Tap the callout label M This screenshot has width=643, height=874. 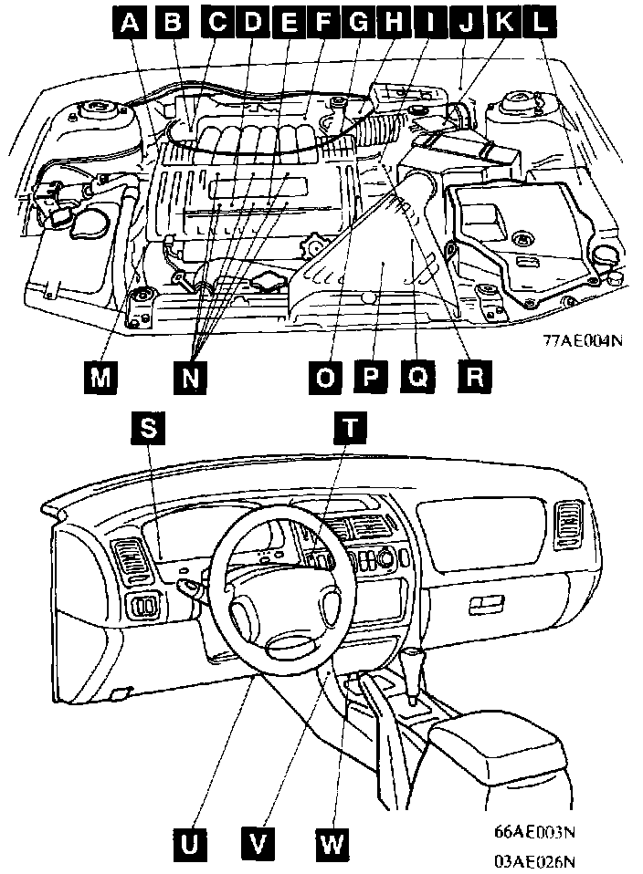[101, 376]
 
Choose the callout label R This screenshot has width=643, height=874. [472, 376]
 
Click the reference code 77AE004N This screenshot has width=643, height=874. [583, 341]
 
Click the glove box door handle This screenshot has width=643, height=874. [486, 604]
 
